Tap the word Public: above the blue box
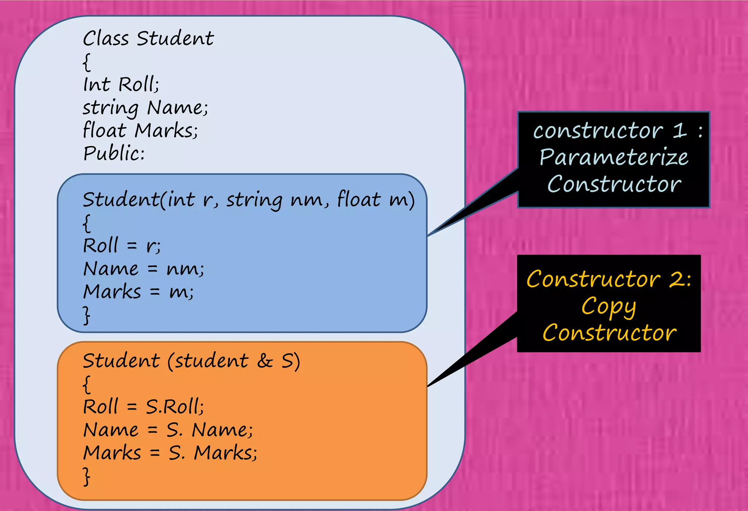(x=114, y=153)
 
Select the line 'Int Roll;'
(x=121, y=84)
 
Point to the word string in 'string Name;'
(x=111, y=108)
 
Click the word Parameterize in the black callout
(x=614, y=158)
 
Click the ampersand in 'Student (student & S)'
(x=265, y=361)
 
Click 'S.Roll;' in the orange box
(x=175, y=407)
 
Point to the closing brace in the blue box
(x=87, y=315)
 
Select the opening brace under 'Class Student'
(x=87, y=62)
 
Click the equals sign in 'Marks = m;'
(x=155, y=292)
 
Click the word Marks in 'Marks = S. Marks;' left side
(x=112, y=453)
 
